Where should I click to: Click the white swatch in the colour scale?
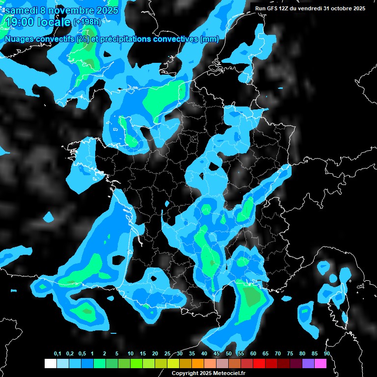pyautogui.click(x=50, y=364)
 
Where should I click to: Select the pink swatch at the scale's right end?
pyautogui.click(x=321, y=364)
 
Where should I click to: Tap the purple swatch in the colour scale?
pyautogui.click(x=308, y=364)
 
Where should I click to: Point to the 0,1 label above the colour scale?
pyautogui.click(x=57, y=354)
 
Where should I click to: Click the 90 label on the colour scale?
pyautogui.click(x=327, y=354)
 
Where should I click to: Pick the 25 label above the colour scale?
pyautogui.click(x=167, y=354)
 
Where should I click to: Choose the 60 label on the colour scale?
pyautogui.click(x=253, y=354)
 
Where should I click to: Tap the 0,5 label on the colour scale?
pyautogui.click(x=82, y=354)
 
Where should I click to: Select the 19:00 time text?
pyautogui.click(x=21, y=22)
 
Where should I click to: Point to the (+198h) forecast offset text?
pyautogui.click(x=87, y=22)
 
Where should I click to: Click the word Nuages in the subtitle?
pyautogui.click(x=20, y=39)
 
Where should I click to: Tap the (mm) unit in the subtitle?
pyautogui.click(x=210, y=39)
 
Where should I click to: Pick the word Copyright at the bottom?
pyautogui.click(x=186, y=373)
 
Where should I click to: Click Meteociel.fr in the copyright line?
pyautogui.click(x=234, y=373)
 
